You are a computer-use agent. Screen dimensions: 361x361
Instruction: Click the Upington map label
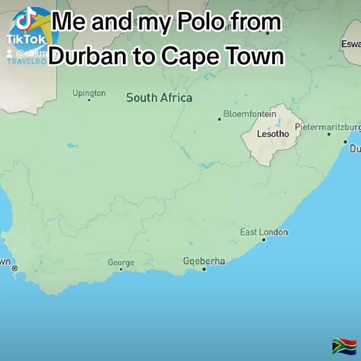tap(89, 93)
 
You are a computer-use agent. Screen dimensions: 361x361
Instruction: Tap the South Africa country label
tap(159, 98)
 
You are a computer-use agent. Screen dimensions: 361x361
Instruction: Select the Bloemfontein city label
tap(249, 114)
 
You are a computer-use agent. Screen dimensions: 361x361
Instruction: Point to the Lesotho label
tap(273, 133)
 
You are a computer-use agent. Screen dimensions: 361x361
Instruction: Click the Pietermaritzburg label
tap(328, 127)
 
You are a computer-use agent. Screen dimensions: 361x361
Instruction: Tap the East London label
tap(264, 232)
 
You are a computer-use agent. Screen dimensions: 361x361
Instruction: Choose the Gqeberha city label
tap(204, 261)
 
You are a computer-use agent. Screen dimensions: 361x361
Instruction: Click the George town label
tap(121, 262)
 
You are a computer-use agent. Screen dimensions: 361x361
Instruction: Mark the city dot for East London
tap(264, 240)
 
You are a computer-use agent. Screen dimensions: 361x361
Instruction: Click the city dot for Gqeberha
tap(204, 269)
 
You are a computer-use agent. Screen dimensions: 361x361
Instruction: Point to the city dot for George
tap(121, 269)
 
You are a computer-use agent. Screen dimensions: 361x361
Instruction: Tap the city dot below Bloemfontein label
tap(220, 119)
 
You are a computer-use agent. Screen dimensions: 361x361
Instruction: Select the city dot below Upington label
tap(89, 100)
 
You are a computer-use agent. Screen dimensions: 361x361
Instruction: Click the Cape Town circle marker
tap(15, 269)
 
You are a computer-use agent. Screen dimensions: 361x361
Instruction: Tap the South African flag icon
tap(344, 345)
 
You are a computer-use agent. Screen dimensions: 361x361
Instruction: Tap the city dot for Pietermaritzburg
tap(329, 134)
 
